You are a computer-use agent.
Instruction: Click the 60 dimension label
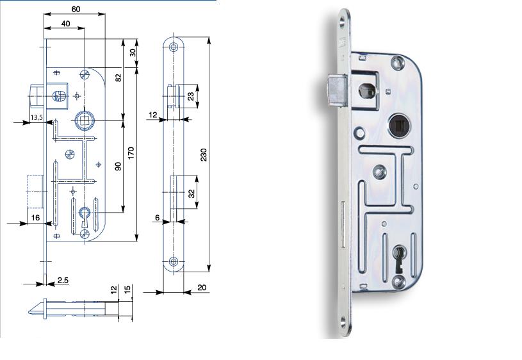tap(76, 9)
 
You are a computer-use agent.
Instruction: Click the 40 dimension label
tap(65, 24)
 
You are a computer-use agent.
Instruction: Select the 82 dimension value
tap(118, 78)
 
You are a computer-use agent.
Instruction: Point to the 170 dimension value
tap(131, 153)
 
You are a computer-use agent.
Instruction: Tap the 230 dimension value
tap(204, 155)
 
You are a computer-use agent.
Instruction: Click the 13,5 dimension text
tap(37, 117)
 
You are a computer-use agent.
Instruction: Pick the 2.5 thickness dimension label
tap(63, 280)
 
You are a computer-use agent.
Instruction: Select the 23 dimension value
tap(191, 97)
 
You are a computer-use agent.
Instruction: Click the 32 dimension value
tap(192, 193)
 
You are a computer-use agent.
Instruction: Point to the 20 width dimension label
tap(202, 287)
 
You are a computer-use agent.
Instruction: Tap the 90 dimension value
tap(118, 166)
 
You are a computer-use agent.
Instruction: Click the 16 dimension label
tap(35, 217)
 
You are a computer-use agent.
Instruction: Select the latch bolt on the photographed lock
tap(337, 91)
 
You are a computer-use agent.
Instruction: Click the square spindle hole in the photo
tap(399, 126)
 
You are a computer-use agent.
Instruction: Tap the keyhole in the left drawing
tap(84, 216)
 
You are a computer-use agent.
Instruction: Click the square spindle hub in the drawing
tap(85, 120)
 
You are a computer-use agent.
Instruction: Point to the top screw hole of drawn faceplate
tap(173, 47)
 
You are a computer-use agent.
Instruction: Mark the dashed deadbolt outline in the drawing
tap(35, 192)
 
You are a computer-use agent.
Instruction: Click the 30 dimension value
tap(133, 53)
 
